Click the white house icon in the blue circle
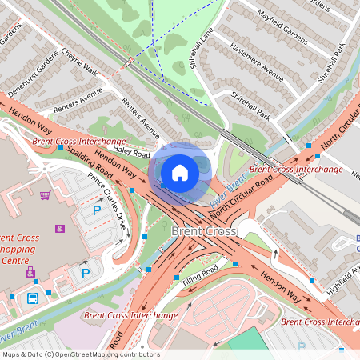click(x=180, y=172)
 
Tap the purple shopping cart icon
click(x=46, y=195)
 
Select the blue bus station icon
click(x=33, y=298)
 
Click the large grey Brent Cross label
click(x=203, y=231)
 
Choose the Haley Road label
click(x=132, y=150)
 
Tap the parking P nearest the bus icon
click(x=85, y=274)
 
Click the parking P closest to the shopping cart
click(x=97, y=210)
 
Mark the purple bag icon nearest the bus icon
click(x=30, y=273)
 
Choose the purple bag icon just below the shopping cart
click(x=60, y=227)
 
